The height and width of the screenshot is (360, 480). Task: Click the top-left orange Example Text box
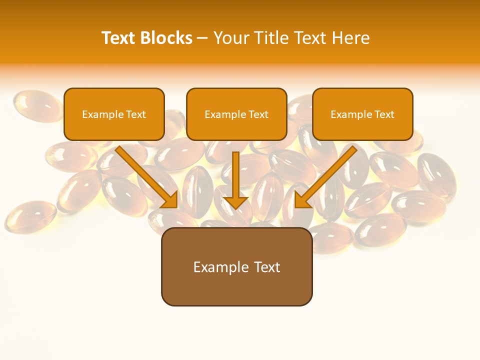(x=114, y=114)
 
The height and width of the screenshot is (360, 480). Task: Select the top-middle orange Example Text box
(x=236, y=114)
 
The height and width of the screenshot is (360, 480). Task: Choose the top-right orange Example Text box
(x=362, y=114)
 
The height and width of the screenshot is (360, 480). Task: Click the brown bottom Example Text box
(x=236, y=266)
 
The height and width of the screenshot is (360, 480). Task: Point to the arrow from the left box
(x=145, y=175)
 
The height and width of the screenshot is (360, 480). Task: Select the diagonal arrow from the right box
(x=327, y=175)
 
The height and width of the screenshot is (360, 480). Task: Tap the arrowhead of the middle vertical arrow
(x=235, y=201)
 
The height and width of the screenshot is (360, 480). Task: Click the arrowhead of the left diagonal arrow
(x=170, y=200)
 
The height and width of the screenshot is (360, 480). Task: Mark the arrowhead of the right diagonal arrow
(x=302, y=200)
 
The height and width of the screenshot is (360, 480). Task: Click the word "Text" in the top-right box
(x=384, y=114)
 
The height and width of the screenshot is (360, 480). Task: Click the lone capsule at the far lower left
(x=30, y=216)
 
